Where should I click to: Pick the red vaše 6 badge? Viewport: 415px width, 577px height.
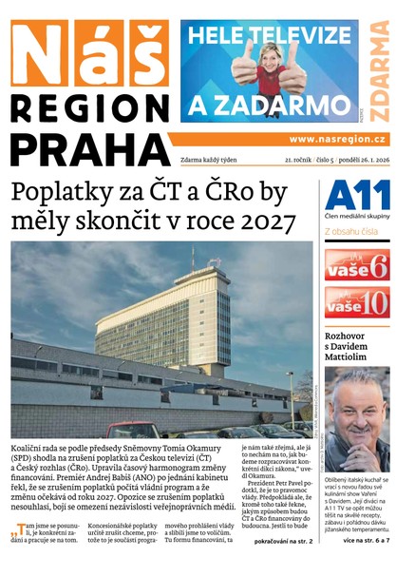357,265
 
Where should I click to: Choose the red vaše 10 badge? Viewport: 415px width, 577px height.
357,303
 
